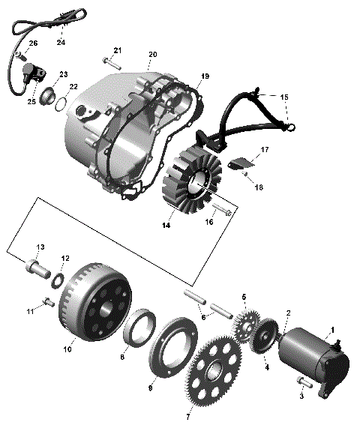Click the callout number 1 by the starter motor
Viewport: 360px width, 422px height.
(333, 329)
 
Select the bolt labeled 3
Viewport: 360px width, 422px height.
(302, 384)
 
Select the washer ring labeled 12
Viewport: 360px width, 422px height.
(56, 281)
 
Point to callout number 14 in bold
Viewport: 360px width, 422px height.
(166, 224)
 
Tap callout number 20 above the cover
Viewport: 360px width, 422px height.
(152, 55)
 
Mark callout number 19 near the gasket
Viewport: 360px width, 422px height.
(205, 76)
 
